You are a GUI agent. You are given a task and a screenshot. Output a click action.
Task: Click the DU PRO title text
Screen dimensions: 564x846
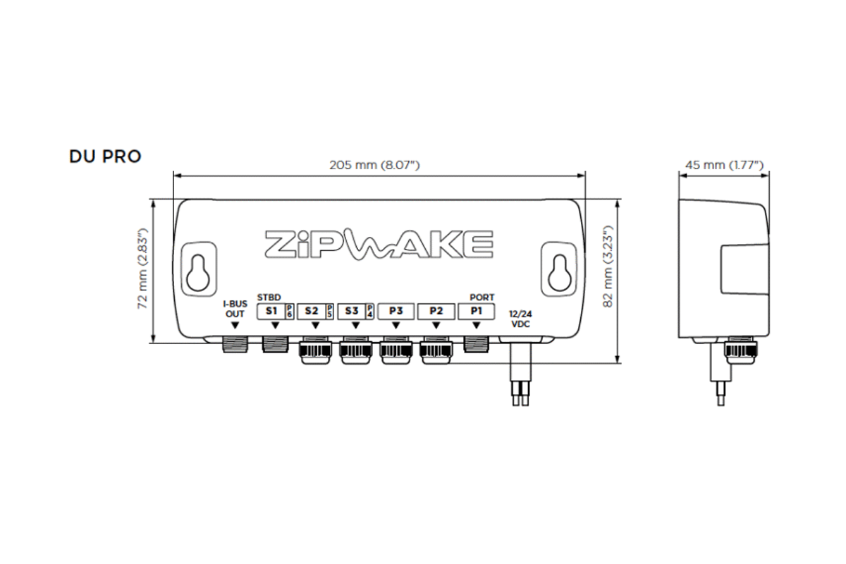coord(105,157)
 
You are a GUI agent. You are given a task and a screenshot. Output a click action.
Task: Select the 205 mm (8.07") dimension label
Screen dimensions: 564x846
coord(374,165)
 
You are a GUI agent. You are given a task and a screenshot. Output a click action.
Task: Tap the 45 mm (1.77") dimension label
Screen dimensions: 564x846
coord(724,165)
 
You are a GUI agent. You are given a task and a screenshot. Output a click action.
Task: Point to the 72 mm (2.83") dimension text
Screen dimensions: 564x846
coord(142,269)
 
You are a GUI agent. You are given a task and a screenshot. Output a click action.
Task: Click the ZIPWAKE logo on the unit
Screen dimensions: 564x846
coord(379,243)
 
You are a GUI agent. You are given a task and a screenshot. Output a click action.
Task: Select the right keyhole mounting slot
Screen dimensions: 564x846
coord(562,269)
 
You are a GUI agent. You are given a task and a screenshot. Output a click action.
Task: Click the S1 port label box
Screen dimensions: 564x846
coord(271,310)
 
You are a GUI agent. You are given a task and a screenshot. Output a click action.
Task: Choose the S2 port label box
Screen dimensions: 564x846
coord(312,310)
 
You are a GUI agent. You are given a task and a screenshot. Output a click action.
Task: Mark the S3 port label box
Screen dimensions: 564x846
coord(352,310)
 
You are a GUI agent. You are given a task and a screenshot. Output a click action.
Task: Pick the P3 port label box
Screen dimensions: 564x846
coord(396,310)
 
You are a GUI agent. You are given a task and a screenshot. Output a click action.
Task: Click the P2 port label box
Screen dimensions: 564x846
coord(436,310)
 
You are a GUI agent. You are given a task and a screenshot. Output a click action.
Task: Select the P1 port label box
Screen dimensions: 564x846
coord(476,310)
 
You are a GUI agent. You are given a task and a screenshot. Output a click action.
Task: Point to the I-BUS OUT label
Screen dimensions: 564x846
coord(234,309)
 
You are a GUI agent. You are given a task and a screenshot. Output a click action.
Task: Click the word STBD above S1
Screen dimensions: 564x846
coord(269,298)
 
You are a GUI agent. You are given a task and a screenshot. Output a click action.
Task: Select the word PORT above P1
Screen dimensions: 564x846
coord(482,298)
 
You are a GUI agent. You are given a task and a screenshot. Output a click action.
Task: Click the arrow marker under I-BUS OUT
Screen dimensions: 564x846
coord(234,325)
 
